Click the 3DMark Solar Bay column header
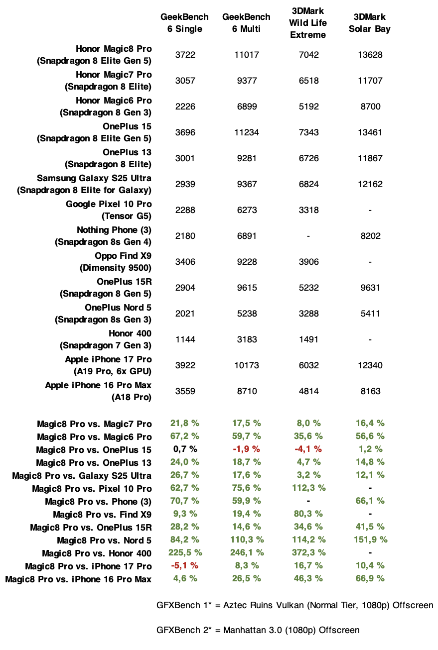[370, 23]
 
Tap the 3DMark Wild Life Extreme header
[308, 23]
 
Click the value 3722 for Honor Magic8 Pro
[185, 55]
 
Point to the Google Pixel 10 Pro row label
[109, 210]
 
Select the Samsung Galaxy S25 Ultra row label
[85, 184]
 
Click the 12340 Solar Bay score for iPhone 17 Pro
[370, 365]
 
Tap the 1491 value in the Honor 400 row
[308, 339]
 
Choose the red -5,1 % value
[185, 566]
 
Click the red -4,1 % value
[308, 449]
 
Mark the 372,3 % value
[308, 553]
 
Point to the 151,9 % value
[370, 540]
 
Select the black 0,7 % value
[185, 449]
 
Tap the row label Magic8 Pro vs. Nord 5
[104, 540]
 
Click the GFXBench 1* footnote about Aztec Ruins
[294, 606]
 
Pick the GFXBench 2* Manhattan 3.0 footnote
[258, 630]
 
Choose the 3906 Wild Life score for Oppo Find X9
[308, 262]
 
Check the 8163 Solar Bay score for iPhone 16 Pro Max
[370, 391]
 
